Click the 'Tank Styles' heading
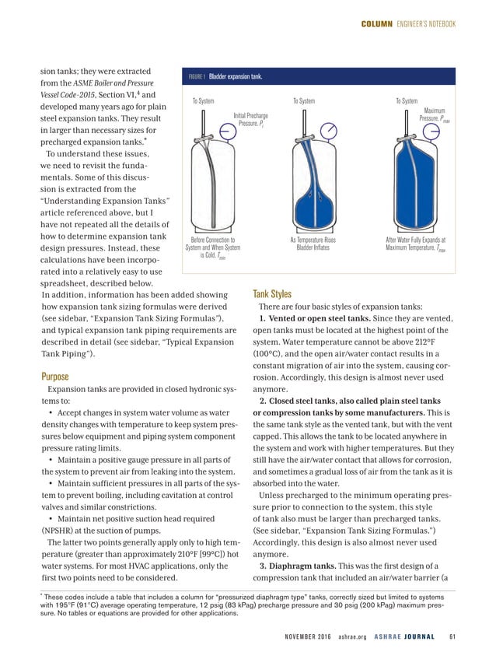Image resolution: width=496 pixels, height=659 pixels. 272,294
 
